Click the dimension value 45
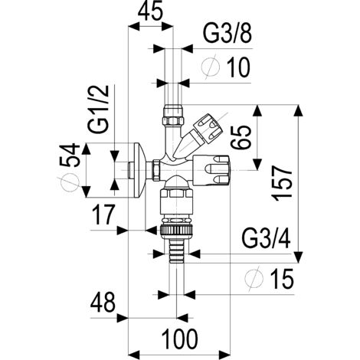click(150, 11)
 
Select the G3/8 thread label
click(227, 34)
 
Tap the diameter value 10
click(238, 67)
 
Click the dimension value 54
click(70, 155)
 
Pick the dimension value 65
click(241, 137)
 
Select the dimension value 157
click(282, 183)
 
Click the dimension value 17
click(103, 215)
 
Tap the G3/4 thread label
click(266, 239)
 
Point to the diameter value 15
click(283, 279)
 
